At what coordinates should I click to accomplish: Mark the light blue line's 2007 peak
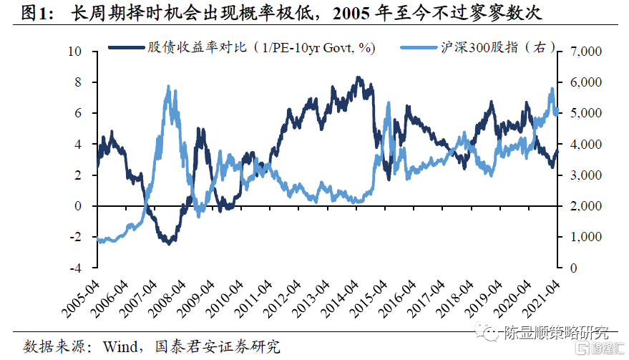pos(168,87)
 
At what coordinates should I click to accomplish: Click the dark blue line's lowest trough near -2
pos(168,243)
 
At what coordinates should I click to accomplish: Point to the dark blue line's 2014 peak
pos(358,77)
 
